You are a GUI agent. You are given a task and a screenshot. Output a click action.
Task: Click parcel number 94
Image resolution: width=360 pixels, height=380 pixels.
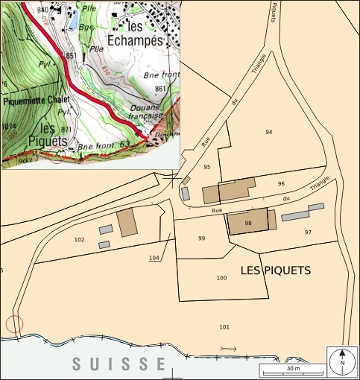pyautogui.click(x=269, y=132)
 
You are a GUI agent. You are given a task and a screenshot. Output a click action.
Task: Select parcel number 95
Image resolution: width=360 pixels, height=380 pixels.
pyautogui.click(x=207, y=167)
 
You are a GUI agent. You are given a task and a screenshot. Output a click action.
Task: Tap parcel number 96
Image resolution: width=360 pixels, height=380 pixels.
pyautogui.click(x=281, y=183)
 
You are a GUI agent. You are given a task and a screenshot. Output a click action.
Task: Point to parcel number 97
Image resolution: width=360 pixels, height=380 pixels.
pyautogui.click(x=308, y=232)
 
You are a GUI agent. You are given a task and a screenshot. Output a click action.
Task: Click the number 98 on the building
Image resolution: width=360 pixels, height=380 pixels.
pyautogui.click(x=248, y=223)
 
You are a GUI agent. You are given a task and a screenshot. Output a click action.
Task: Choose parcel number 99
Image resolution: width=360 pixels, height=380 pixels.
pyautogui.click(x=201, y=238)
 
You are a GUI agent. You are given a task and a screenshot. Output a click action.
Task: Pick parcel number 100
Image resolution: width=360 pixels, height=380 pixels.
pyautogui.click(x=221, y=278)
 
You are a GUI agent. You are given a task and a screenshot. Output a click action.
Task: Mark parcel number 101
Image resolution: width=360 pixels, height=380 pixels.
pyautogui.click(x=224, y=327)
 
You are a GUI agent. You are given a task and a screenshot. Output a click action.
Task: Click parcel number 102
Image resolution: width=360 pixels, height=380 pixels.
pyautogui.click(x=80, y=240)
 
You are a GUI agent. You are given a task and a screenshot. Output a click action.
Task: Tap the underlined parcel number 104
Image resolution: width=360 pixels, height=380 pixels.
pyautogui.click(x=154, y=258)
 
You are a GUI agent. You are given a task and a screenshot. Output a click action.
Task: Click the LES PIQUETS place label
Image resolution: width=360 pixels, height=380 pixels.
pyautogui.click(x=276, y=270)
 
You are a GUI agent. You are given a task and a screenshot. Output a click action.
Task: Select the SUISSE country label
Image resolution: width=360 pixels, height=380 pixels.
pyautogui.click(x=119, y=364)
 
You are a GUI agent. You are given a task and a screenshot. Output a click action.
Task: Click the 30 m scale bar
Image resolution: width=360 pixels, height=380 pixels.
pyautogui.click(x=291, y=370)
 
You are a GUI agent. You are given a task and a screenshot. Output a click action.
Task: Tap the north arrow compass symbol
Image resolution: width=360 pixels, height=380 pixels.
pyautogui.click(x=342, y=361)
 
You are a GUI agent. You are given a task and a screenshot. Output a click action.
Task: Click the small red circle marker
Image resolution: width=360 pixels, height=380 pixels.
pyautogui.click(x=13, y=323)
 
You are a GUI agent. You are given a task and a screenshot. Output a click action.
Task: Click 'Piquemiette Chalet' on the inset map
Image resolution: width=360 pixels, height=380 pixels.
pyautogui.click(x=37, y=99)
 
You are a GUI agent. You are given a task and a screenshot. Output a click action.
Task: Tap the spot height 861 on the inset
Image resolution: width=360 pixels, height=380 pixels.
pyautogui.click(x=159, y=89)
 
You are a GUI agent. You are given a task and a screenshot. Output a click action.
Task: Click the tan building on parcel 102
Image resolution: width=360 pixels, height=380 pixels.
pyautogui.click(x=127, y=222)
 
